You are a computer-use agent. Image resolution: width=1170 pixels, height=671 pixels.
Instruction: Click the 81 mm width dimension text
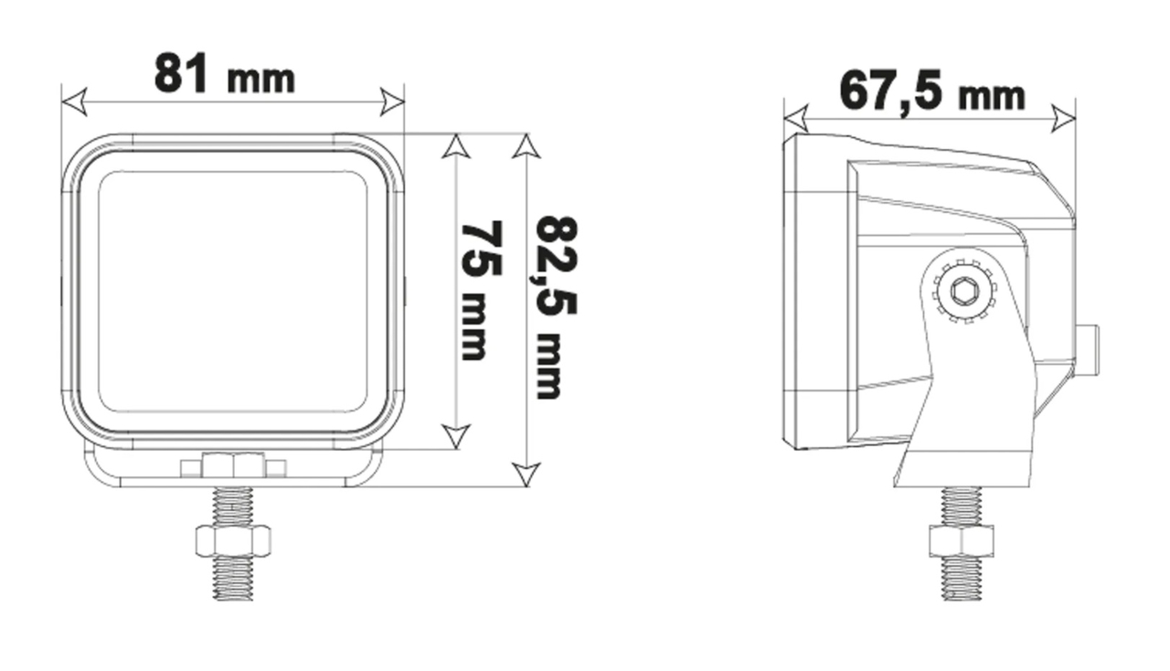click(x=225, y=73)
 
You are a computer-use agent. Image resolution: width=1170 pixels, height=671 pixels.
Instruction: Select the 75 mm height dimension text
click(x=481, y=290)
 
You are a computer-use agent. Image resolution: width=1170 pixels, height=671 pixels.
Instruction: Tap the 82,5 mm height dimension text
click(x=557, y=307)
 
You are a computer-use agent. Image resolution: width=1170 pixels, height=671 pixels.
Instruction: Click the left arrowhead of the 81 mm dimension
click(x=73, y=101)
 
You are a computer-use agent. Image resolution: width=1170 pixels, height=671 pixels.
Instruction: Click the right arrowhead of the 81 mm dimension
click(x=392, y=101)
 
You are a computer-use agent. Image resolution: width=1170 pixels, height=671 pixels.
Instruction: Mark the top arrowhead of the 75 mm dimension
click(x=456, y=146)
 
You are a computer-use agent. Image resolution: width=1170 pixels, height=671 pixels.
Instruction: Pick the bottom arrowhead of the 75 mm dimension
click(x=456, y=437)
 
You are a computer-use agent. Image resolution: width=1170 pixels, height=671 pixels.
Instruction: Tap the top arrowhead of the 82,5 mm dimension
click(x=526, y=146)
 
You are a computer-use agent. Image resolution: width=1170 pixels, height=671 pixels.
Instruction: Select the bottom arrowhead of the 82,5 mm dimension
click(x=526, y=474)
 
